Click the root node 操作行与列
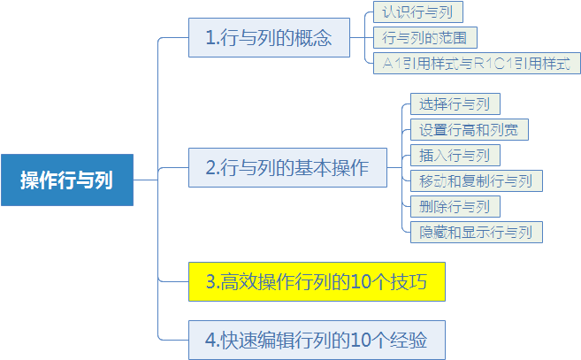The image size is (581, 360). [67, 180]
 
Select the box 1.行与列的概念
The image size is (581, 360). [269, 37]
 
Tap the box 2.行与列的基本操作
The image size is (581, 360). [287, 167]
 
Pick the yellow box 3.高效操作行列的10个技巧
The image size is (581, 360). [317, 282]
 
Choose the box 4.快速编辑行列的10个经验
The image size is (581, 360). [317, 340]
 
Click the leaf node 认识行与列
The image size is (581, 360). [418, 11]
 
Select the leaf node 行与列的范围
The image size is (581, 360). [425, 37]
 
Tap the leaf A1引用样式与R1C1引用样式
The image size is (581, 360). [477, 64]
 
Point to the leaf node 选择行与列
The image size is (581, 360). [455, 103]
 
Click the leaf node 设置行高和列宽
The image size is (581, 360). [470, 130]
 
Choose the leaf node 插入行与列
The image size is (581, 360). [455, 156]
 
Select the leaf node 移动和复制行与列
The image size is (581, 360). [477, 181]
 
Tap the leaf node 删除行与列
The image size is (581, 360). [455, 206]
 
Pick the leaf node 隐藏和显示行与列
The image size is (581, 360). [477, 232]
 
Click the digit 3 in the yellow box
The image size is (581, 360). [210, 282]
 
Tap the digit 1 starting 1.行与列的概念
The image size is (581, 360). [210, 38]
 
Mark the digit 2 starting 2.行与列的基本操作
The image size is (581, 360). [210, 167]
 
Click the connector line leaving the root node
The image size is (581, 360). [146, 180]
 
